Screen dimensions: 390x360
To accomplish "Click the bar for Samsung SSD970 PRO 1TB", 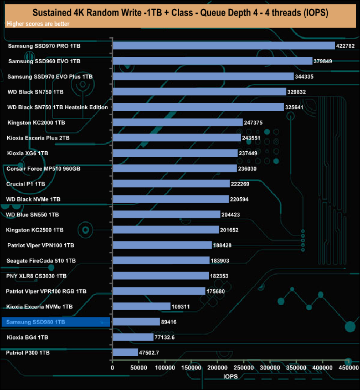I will pyautogui.click(x=223, y=45).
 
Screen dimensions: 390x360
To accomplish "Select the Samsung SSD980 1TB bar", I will pyautogui.click(x=136, y=321).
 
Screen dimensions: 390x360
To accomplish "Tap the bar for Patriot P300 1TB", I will pyautogui.click(x=125, y=352).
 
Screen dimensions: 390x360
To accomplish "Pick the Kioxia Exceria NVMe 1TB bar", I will pyautogui.click(x=141, y=306).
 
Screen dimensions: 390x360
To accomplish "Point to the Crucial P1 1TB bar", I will pyautogui.click(x=171, y=183).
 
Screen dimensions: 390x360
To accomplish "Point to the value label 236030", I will pyautogui.click(x=251, y=168).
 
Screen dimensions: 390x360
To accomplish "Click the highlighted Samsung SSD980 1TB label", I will pyautogui.click(x=36, y=322).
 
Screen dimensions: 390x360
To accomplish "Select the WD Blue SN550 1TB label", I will pyautogui.click(x=33, y=214).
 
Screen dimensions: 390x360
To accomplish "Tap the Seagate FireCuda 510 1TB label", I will pyautogui.click(x=41, y=260).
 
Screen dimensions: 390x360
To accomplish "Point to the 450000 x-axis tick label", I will pyautogui.click(x=348, y=367).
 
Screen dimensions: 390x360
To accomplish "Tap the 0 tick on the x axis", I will pyautogui.click(x=112, y=367).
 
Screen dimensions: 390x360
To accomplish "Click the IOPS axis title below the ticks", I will pyautogui.click(x=230, y=376).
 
